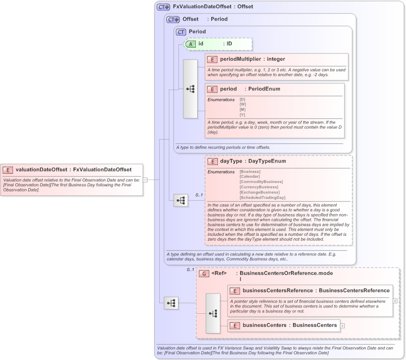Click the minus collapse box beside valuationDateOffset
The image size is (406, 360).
tap(145, 180)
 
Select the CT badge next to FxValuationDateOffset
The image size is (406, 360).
tap(164, 7)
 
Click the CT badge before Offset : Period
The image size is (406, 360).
tap(173, 20)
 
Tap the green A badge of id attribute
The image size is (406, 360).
tap(190, 44)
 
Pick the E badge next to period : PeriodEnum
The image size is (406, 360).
tap(212, 89)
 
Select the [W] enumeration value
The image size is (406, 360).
tap(242, 104)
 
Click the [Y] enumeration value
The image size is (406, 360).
tap(242, 115)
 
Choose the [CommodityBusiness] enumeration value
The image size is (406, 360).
tap(261, 182)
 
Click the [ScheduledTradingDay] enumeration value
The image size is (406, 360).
tap(263, 198)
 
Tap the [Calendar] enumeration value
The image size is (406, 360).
tap(250, 177)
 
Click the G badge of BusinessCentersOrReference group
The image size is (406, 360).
tap(203, 273)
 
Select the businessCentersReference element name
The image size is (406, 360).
tap(278, 291)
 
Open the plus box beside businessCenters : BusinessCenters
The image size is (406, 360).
tap(343, 326)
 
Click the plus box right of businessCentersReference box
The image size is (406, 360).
tap(395, 301)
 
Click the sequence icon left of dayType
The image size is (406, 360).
tap(181, 201)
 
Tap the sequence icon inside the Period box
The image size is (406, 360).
tap(190, 89)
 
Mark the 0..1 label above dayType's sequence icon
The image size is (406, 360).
tap(199, 195)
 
